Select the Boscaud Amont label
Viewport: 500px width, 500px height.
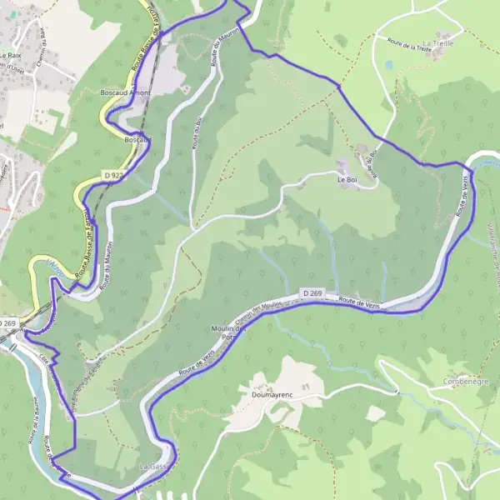(x=124, y=92)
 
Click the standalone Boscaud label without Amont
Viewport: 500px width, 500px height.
(x=135, y=140)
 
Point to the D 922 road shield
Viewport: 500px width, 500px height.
(x=114, y=175)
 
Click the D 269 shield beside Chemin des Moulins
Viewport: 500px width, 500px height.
(x=312, y=293)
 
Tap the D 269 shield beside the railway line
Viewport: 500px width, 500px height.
(x=7, y=322)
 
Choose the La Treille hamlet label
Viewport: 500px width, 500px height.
(x=437, y=42)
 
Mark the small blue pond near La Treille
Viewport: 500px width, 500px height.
(x=389, y=63)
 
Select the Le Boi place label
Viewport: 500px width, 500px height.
(x=346, y=179)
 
